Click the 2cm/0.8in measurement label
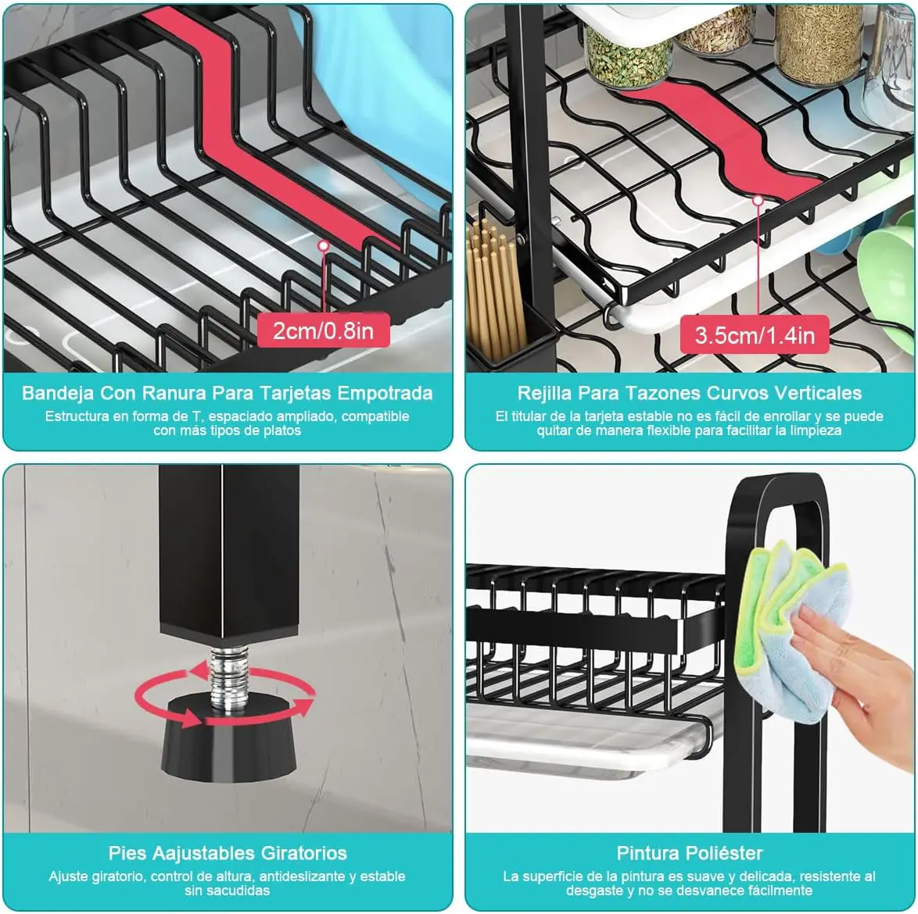click(323, 330)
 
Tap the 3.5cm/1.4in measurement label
click(755, 335)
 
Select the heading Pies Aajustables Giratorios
click(228, 853)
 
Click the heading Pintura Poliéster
click(690, 853)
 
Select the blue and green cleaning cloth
click(791, 631)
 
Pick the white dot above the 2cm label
click(323, 245)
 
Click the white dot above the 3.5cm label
click(758, 201)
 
